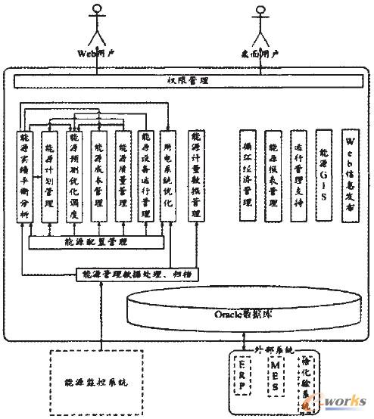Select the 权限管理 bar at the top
(x=187, y=79)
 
